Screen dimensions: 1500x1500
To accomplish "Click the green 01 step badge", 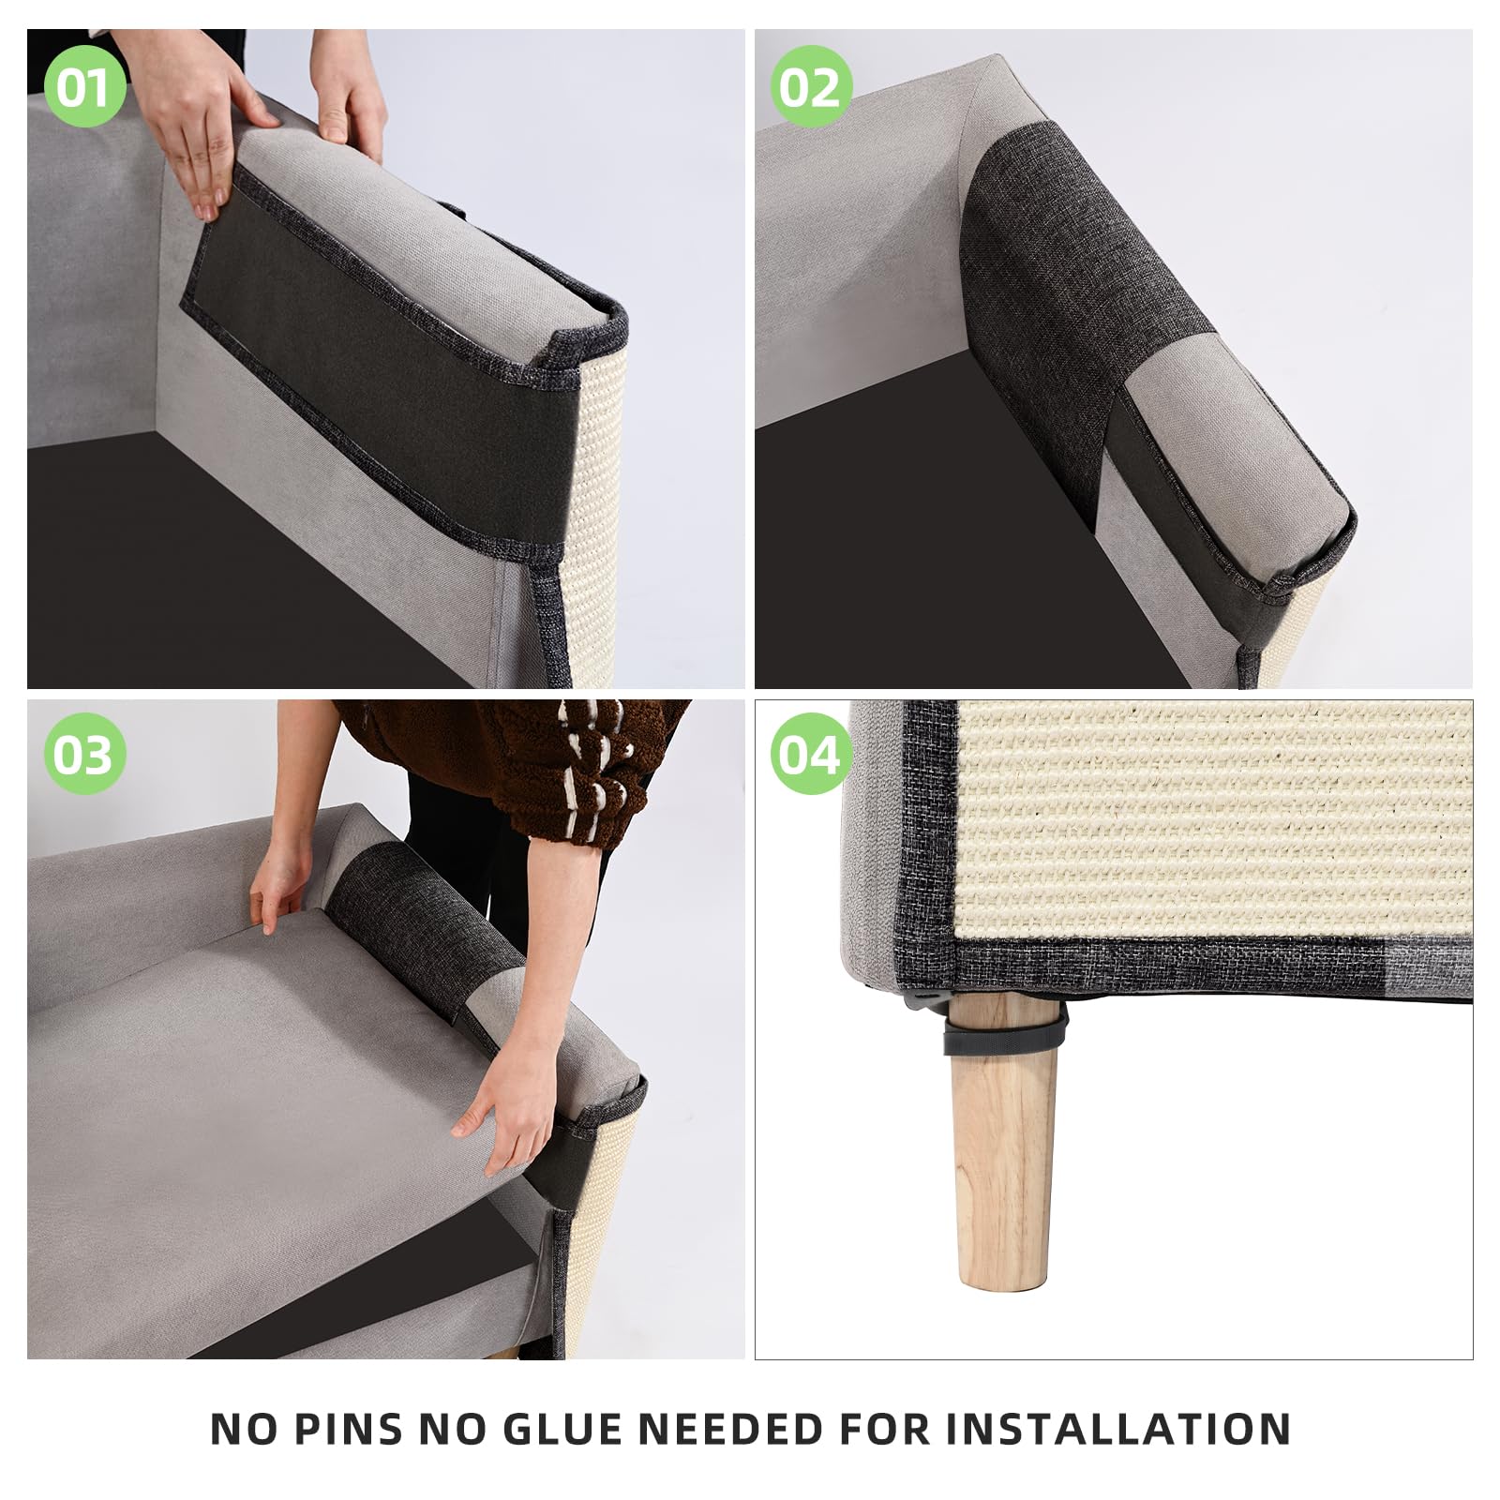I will [83, 86].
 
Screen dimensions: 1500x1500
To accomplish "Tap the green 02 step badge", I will [811, 86].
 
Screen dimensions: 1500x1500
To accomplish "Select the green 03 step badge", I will [83, 754].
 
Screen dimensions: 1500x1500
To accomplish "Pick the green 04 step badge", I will [811, 754].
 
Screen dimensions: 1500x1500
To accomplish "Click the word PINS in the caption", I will [352, 1429].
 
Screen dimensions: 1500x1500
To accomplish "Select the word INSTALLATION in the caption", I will [1117, 1429].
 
